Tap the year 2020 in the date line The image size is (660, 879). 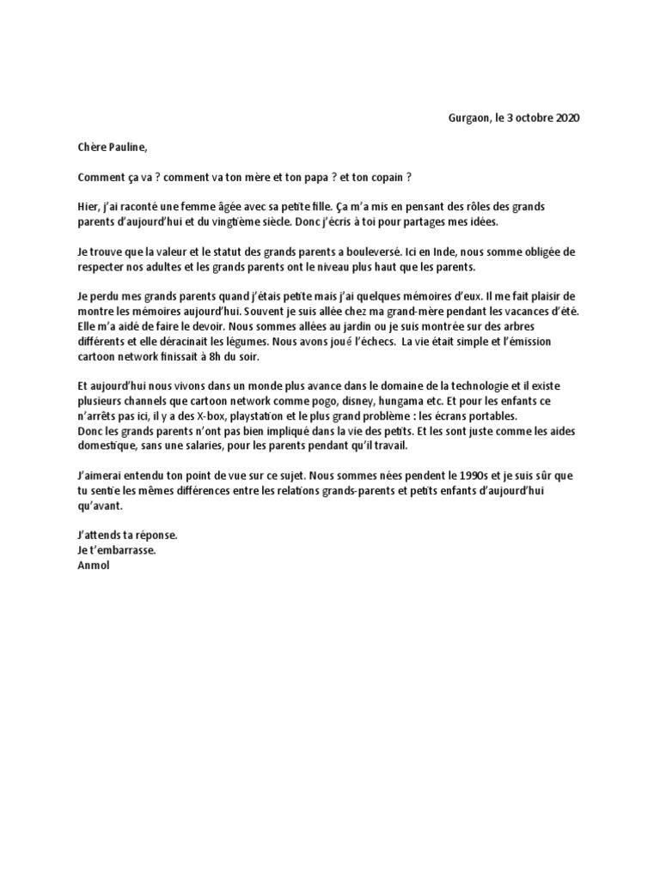pyautogui.click(x=565, y=118)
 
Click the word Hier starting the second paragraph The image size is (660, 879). pyautogui.click(x=88, y=207)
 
